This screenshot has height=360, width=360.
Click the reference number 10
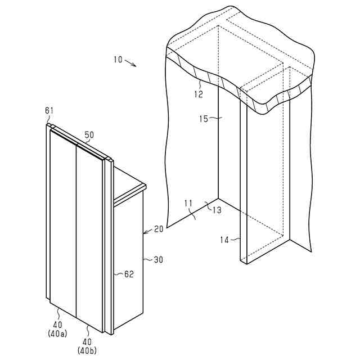click(117, 59)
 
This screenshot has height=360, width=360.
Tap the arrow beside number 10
click(130, 63)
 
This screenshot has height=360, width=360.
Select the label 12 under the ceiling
click(199, 94)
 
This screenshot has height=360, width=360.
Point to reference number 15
click(204, 119)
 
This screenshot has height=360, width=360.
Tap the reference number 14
click(224, 240)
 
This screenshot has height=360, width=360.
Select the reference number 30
click(159, 260)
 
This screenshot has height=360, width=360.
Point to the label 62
click(128, 275)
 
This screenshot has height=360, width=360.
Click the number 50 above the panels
click(89, 135)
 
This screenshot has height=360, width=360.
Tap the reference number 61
click(49, 111)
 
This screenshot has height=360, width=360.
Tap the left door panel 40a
click(63, 219)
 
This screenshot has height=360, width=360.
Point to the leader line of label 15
click(214, 119)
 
